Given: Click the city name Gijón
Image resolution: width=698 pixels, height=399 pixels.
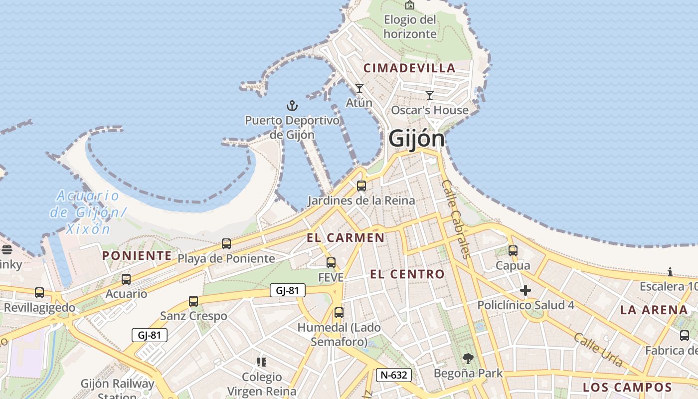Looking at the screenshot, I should click(x=416, y=138).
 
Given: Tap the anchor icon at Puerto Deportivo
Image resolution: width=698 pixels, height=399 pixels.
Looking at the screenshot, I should click(x=292, y=105).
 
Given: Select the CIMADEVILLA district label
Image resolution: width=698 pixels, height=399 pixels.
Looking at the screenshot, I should click(x=409, y=68).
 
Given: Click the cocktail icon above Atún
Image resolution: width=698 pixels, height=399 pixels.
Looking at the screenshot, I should click(x=359, y=88).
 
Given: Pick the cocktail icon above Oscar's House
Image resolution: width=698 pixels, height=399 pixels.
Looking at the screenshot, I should click(x=430, y=95).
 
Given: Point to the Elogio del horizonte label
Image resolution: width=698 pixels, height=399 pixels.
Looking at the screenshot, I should click(x=410, y=26).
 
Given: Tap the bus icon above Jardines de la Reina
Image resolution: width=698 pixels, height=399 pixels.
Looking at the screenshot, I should click(x=361, y=186).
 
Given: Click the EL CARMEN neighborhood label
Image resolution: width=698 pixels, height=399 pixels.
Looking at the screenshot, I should click(x=346, y=238).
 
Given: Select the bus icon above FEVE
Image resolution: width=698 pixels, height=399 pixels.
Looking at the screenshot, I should click(x=331, y=263).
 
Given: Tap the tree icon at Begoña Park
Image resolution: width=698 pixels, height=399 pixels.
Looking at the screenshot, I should click(x=468, y=358).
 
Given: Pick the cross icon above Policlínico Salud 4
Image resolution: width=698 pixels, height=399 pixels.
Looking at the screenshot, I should click(x=525, y=290).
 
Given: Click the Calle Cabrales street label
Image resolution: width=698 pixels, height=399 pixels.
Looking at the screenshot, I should click(x=456, y=219).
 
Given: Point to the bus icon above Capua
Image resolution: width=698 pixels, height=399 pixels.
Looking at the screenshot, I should click(x=513, y=251).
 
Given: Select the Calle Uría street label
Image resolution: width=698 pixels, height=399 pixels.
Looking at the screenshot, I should click(x=598, y=350).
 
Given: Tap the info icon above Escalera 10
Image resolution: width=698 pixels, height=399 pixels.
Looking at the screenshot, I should click(x=670, y=272).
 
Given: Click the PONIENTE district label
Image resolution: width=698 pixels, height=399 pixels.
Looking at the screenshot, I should click(x=137, y=256).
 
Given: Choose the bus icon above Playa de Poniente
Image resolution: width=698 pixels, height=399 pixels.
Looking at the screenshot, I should click(x=226, y=244).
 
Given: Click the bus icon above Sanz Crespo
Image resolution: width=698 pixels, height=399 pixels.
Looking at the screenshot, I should click(x=193, y=301).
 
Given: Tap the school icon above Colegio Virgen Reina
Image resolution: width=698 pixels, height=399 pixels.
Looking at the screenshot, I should click(x=262, y=362).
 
